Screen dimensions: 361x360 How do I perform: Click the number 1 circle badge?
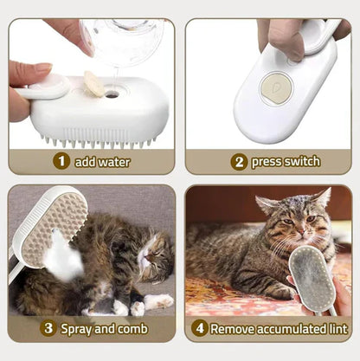pos(61,161)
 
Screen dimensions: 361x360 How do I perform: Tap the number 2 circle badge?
pos(239,161)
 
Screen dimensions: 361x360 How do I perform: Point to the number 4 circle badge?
pos(201,329)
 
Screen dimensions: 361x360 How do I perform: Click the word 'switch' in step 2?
pos(300,161)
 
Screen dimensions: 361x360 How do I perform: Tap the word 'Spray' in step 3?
pos(80,329)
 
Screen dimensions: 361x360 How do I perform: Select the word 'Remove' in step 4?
pos(235,329)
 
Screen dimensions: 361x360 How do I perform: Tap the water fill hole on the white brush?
pos(111,93)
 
